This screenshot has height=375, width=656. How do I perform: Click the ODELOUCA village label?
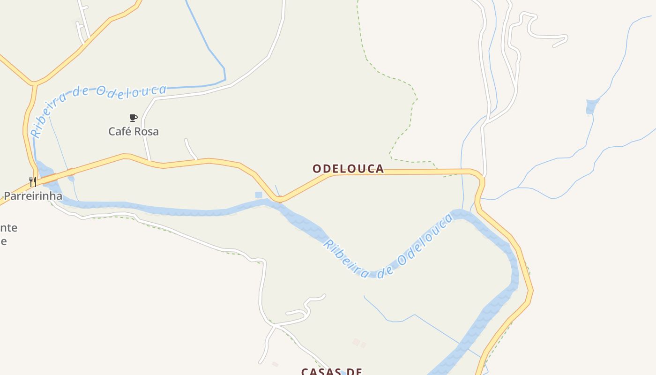(348, 169)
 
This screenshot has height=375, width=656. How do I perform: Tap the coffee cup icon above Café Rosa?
(134, 118)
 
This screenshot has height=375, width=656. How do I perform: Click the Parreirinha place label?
(33, 196)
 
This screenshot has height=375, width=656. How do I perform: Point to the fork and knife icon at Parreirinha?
(33, 181)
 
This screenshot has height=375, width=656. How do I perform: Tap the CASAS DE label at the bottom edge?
(332, 371)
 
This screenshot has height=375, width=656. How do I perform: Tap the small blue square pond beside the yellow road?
(258, 195)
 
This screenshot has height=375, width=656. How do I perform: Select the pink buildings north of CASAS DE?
(359, 343)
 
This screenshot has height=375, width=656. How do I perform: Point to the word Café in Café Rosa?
(119, 132)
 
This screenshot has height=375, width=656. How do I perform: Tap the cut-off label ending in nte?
(8, 228)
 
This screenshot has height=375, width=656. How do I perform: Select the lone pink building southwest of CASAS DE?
(275, 364)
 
